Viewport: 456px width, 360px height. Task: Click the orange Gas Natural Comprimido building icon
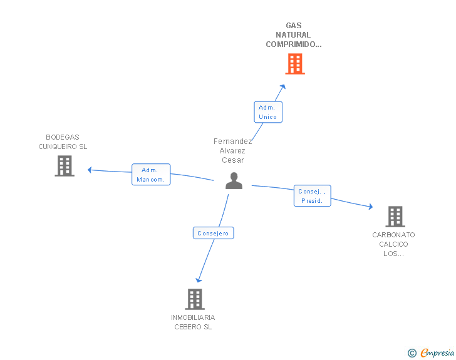point(295,64)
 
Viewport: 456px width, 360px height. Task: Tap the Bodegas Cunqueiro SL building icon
point(65,166)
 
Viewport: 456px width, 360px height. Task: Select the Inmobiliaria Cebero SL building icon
point(195,299)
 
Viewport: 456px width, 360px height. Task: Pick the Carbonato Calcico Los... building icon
point(395,217)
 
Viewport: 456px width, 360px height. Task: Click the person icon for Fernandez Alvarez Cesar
point(234,181)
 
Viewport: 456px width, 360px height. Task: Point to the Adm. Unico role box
point(267,112)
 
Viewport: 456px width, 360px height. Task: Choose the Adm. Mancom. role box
point(151,175)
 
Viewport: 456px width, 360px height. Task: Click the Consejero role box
point(214,233)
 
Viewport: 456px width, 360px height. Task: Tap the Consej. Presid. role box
point(312,196)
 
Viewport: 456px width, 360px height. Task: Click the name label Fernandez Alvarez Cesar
point(232,150)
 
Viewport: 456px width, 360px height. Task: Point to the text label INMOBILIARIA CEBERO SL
point(193,322)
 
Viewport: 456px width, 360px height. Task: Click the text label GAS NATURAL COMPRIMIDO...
point(294,35)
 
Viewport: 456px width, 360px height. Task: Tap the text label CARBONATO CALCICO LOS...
point(393,244)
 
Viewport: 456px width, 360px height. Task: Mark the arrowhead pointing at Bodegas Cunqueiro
point(90,169)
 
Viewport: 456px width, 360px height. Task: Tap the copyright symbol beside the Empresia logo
point(412,353)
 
